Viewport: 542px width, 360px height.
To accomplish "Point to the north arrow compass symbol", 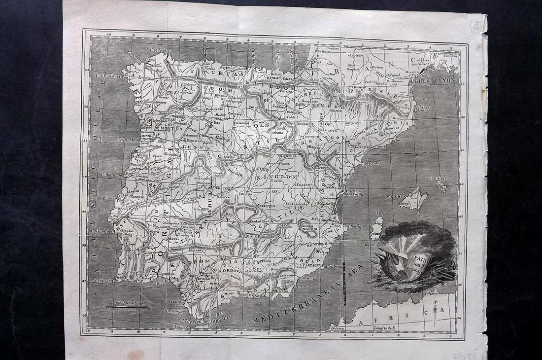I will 435,310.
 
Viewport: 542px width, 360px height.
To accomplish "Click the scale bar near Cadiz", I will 127,307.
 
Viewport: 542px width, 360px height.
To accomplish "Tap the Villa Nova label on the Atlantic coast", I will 128,140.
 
